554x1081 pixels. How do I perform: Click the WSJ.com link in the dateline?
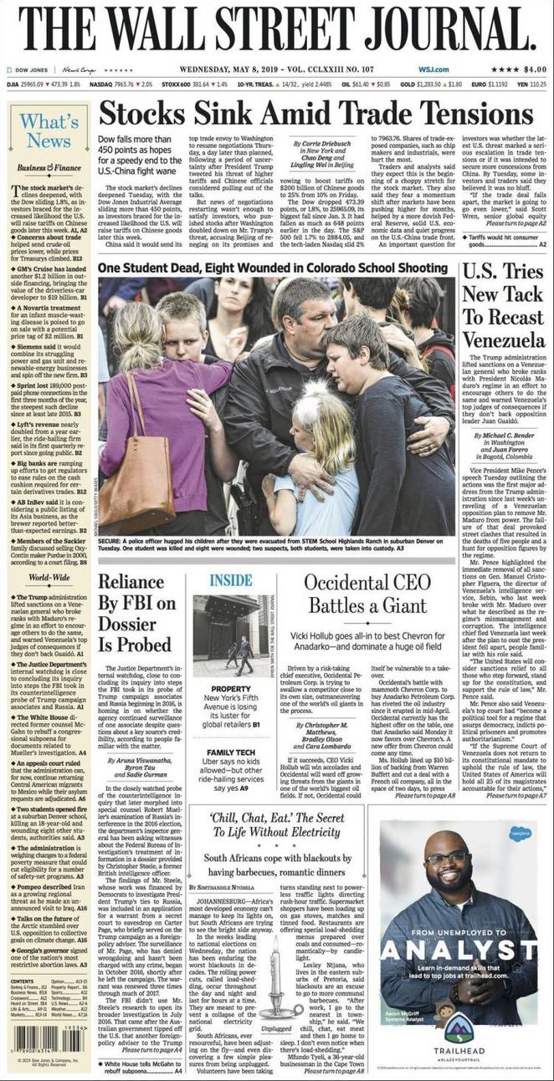pyautogui.click(x=435, y=69)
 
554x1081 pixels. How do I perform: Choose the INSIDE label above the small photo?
pyautogui.click(x=231, y=579)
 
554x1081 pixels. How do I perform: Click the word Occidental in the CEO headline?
pyautogui.click(x=352, y=582)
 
